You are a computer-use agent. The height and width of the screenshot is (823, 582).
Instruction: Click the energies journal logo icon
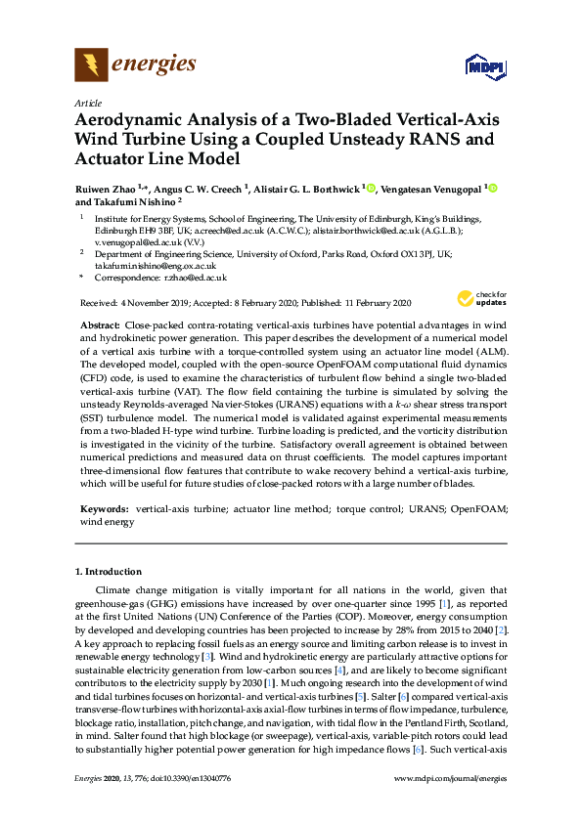coord(90,65)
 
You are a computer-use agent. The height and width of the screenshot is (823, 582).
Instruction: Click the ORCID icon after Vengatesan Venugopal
coord(493,187)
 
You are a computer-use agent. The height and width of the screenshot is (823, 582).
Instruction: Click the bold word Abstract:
coord(100,324)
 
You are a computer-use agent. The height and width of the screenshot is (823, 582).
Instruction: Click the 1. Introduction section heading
coord(109,571)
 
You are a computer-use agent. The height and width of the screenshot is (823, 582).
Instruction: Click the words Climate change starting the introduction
coord(131,590)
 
